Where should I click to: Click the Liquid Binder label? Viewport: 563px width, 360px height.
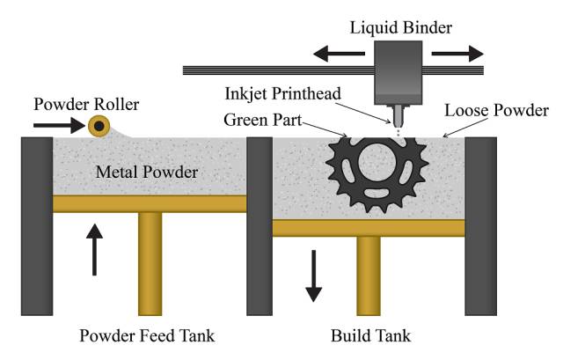click(x=401, y=28)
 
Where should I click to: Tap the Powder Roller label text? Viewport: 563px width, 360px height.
click(x=86, y=104)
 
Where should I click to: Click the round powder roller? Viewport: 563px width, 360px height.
click(x=99, y=126)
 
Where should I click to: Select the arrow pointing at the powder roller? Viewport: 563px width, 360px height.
click(x=59, y=125)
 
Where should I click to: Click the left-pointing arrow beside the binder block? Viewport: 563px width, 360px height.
click(x=339, y=54)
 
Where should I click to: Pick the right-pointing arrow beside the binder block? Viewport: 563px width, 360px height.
click(x=457, y=54)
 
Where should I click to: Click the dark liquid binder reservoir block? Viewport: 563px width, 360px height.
click(x=398, y=72)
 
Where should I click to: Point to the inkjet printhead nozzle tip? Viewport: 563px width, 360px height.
click(x=398, y=126)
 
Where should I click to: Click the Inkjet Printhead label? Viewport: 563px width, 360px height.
click(x=282, y=94)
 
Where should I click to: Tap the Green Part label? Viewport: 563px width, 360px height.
click(x=262, y=120)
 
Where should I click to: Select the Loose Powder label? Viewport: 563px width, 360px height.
click(x=496, y=110)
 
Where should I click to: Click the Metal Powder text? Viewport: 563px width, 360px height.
click(x=147, y=173)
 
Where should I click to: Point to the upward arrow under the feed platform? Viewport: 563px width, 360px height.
click(x=94, y=249)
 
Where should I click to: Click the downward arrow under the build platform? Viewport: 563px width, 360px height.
click(x=313, y=276)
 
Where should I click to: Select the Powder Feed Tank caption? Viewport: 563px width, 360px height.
click(x=147, y=336)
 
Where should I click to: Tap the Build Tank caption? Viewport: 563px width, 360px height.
click(x=370, y=336)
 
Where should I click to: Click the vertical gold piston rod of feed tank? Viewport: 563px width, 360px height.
click(x=150, y=264)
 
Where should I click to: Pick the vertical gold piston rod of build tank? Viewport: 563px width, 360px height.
click(x=369, y=276)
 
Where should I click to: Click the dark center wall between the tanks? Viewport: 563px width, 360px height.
click(x=260, y=226)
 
